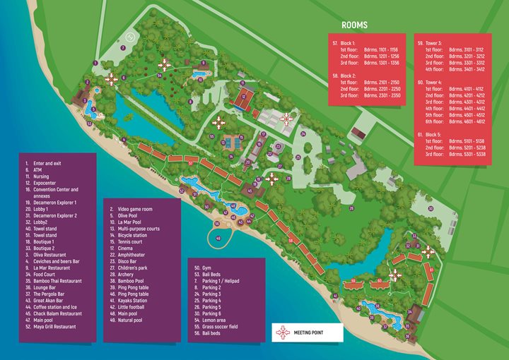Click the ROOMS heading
[354, 25]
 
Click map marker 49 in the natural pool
[218, 239]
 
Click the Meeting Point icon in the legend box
[283, 331]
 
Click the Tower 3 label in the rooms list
[433, 43]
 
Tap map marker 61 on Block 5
[431, 269]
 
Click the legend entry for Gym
[206, 268]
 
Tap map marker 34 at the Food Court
[409, 311]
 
